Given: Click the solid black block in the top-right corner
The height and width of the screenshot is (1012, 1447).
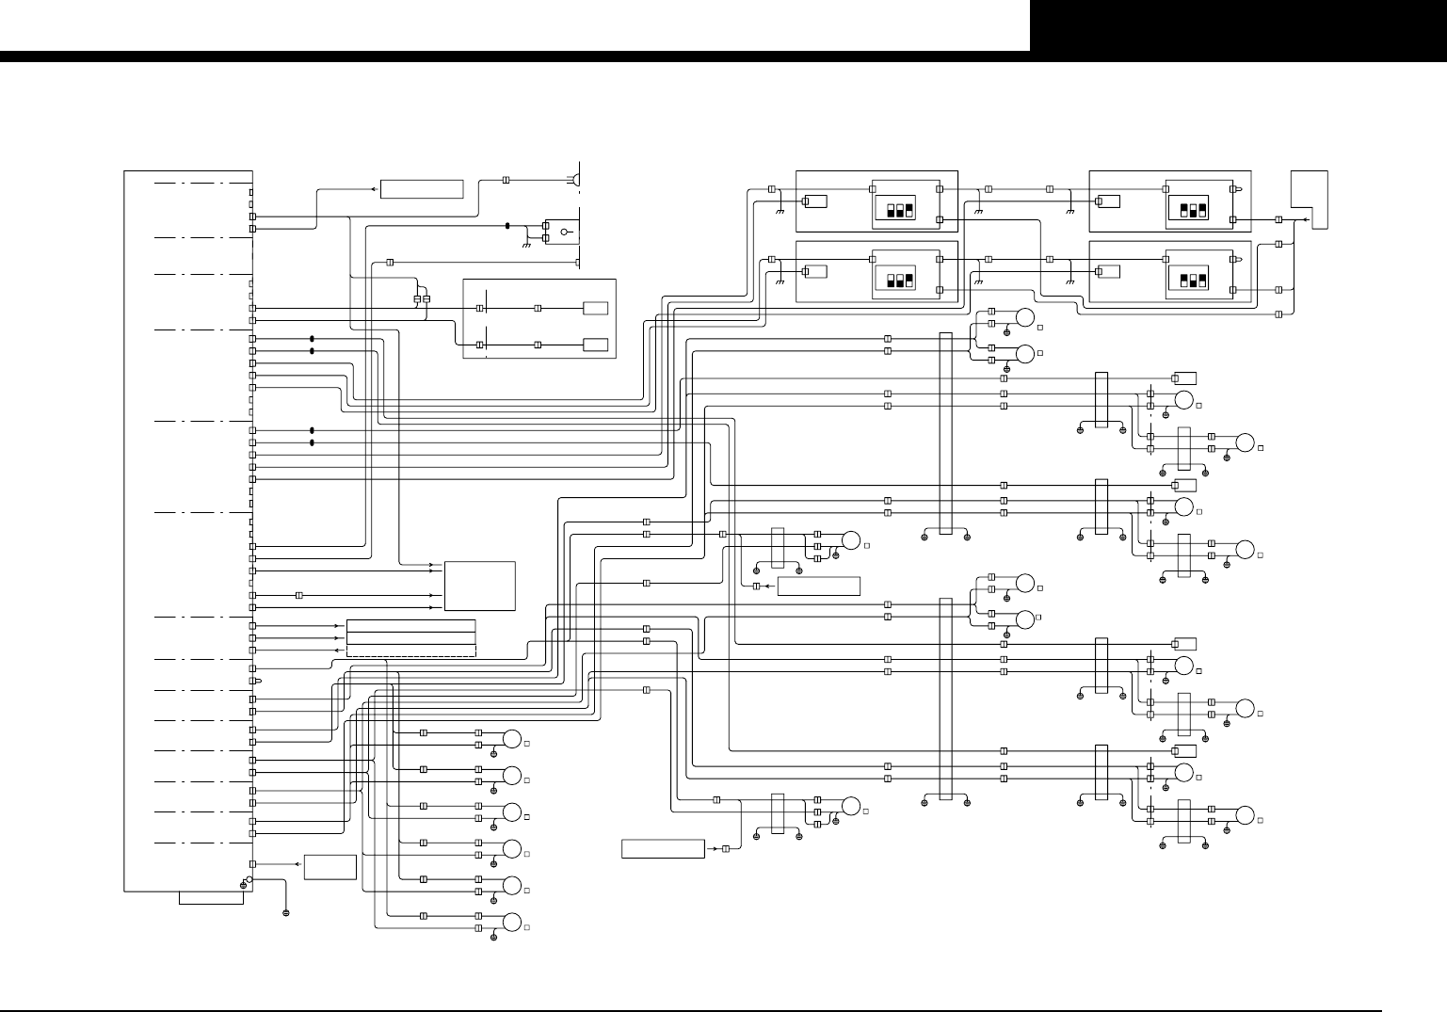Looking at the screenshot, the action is click(1238, 24).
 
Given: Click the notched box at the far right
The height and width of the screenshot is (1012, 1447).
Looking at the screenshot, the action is click(1310, 199).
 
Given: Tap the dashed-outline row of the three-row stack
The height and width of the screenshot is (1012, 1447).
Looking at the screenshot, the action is click(411, 651).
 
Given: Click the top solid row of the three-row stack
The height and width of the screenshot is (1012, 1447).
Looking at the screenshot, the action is click(411, 625).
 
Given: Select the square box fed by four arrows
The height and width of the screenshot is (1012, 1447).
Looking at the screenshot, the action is click(479, 586).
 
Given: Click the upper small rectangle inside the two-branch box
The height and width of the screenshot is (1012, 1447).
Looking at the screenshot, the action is click(595, 308).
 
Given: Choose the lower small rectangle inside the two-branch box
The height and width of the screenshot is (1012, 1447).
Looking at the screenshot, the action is click(595, 345).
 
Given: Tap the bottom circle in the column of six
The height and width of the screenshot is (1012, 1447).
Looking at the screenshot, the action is click(512, 922).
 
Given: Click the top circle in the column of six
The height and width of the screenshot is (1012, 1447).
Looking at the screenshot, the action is click(512, 739).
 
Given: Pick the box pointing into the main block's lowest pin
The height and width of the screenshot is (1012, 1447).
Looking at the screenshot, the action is click(330, 867).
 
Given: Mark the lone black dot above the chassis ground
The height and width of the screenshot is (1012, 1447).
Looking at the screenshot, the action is click(507, 226).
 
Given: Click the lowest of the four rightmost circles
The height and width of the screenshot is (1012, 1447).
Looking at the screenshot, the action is click(1246, 815).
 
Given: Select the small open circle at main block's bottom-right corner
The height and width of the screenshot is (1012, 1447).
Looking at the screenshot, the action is click(250, 879).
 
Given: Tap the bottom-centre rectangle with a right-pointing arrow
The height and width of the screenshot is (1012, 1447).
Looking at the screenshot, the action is click(663, 849).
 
